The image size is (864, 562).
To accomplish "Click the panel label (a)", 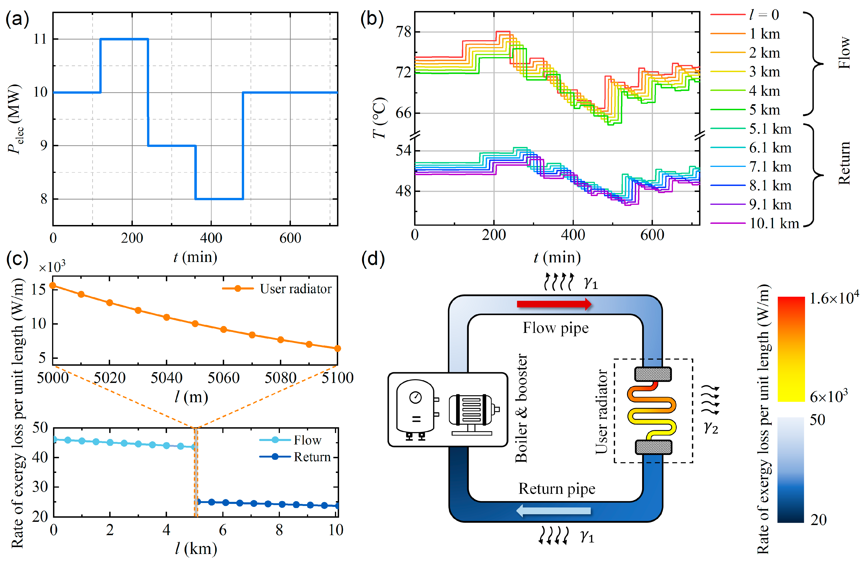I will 17,19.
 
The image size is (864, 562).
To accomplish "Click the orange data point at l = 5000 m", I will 53,286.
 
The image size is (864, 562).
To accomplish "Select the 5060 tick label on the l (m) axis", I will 223,378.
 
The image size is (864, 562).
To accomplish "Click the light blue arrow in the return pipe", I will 553,511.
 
